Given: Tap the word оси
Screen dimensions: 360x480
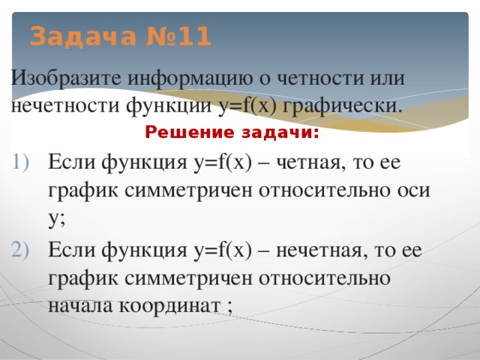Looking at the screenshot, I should [x=413, y=190].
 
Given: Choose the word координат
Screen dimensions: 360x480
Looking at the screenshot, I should [x=175, y=305].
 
